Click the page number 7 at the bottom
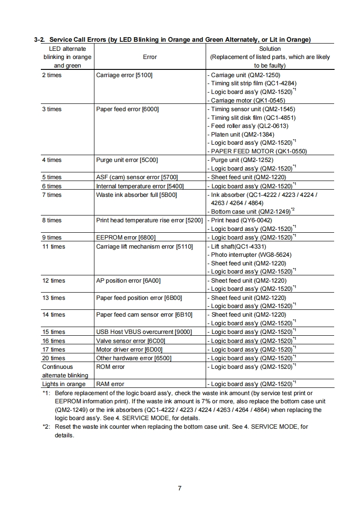(180, 488)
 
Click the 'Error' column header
(150, 57)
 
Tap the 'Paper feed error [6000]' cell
(128, 109)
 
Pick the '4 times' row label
(52, 160)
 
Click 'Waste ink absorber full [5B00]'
(136, 195)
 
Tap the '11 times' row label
(54, 246)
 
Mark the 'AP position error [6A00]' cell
(128, 280)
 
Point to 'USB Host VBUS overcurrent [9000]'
(144, 332)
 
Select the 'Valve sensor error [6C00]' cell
(131, 341)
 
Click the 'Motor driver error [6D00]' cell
(129, 349)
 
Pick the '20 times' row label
(54, 358)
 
